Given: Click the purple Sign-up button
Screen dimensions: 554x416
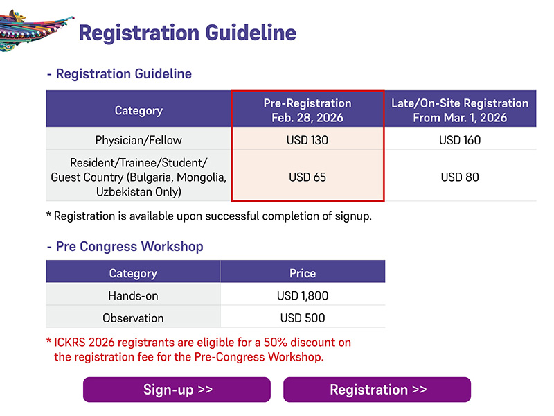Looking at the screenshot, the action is (x=177, y=390).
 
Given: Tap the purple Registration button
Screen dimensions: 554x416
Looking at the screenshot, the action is (x=377, y=390).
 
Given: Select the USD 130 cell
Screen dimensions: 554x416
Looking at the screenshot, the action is (x=307, y=140).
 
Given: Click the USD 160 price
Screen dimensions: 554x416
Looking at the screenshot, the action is (x=460, y=140).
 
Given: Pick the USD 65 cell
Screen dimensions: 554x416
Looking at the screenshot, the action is (x=307, y=177).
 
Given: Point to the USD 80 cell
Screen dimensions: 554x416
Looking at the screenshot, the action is (x=460, y=177).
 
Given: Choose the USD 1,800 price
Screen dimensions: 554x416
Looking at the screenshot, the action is (x=303, y=296).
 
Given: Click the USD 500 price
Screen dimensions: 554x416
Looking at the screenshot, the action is (x=303, y=318).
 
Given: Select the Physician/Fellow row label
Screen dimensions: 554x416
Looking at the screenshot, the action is (x=138, y=141).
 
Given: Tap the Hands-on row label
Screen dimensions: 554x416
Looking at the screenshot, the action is (x=133, y=296).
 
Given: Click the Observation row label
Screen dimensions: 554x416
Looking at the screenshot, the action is (x=133, y=318).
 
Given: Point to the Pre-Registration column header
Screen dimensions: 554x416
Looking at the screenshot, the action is (x=307, y=110).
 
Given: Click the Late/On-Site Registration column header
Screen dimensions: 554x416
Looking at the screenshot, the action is (x=460, y=110).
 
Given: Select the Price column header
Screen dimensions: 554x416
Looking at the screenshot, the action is (x=303, y=273).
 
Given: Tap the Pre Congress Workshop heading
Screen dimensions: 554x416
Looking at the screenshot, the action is (x=129, y=246).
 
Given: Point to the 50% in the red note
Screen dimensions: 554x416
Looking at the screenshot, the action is (x=276, y=343).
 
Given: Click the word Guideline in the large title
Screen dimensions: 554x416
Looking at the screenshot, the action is (x=251, y=33).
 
